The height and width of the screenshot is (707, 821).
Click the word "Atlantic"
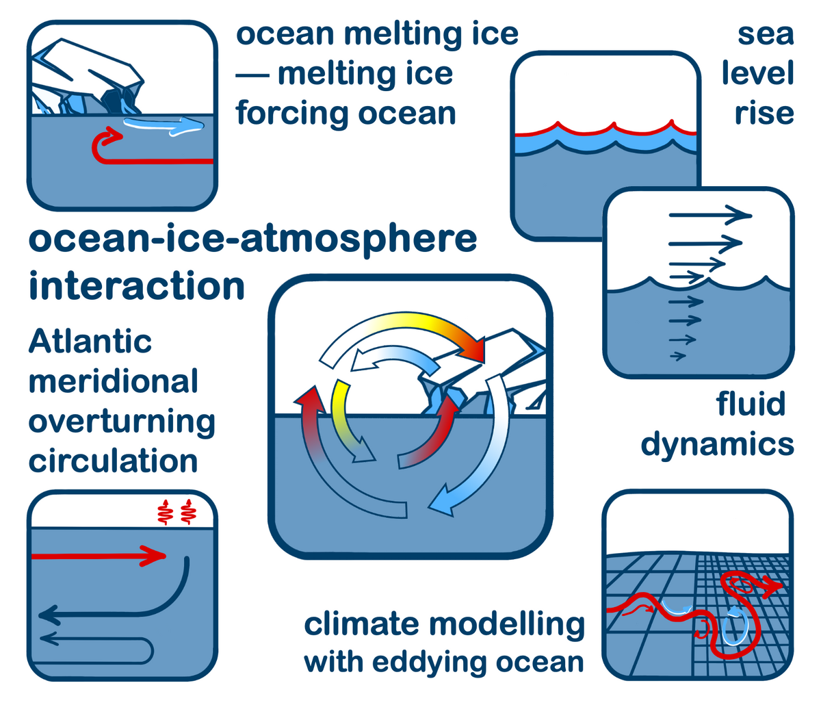90,342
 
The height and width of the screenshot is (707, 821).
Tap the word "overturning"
122,422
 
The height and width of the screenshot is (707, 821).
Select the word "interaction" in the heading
137,285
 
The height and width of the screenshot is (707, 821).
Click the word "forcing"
294,114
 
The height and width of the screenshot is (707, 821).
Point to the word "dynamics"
717,445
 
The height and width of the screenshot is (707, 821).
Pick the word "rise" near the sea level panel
764,114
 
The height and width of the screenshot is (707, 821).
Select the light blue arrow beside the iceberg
164,127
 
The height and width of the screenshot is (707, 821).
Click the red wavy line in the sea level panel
605,129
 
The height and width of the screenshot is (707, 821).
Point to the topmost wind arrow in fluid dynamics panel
711,216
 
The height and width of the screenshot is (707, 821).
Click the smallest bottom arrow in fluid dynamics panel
678,356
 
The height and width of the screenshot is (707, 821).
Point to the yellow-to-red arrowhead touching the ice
472,350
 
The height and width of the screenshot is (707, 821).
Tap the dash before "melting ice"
252,75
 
